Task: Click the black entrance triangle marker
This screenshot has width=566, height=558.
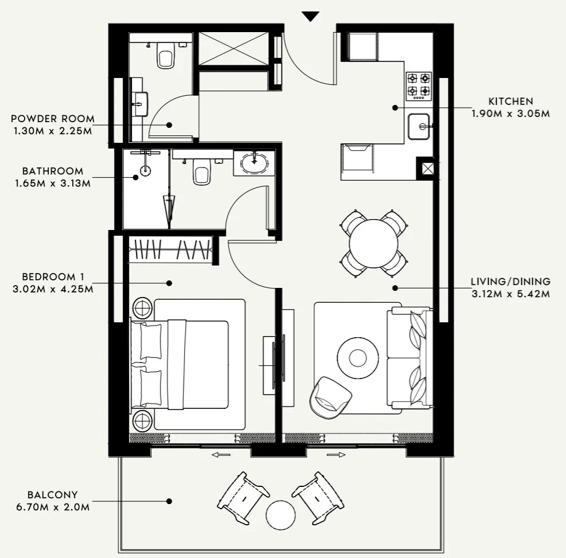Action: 310,16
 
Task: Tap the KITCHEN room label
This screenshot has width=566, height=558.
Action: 510,102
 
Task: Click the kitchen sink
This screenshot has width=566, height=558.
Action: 420,126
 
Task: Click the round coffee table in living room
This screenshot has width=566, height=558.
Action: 357,357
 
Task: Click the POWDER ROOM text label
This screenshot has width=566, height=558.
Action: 53,119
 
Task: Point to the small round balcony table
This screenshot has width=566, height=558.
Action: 281,514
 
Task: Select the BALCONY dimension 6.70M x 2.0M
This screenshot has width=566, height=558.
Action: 53,506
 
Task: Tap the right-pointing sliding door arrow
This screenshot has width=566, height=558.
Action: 337,455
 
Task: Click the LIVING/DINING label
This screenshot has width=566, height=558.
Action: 510,282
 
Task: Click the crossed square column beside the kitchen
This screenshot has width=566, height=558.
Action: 427,169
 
